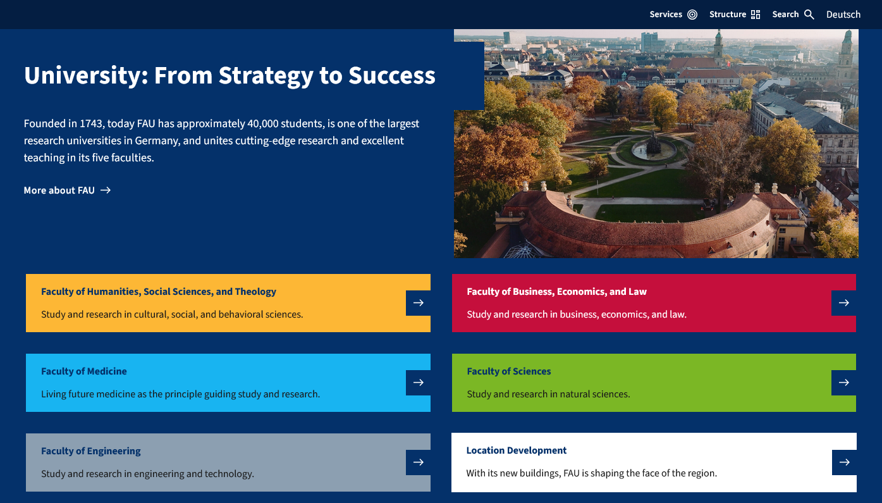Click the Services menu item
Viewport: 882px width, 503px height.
pos(673,15)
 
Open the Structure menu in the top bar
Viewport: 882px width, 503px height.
pos(734,15)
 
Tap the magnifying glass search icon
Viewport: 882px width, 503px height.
pos(809,15)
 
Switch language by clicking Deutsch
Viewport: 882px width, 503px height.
pos(843,15)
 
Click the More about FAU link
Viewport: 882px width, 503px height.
pos(67,190)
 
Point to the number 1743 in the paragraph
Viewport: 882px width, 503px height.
pos(91,123)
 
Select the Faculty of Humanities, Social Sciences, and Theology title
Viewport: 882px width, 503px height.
pos(158,292)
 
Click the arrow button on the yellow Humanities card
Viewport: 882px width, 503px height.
pos(418,303)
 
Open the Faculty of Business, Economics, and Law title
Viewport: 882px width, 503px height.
pos(556,292)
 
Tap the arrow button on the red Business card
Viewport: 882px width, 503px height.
pos(844,303)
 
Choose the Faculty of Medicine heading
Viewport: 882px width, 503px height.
pos(84,371)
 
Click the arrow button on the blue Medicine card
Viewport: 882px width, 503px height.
pos(418,382)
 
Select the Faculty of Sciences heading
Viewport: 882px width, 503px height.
pos(509,371)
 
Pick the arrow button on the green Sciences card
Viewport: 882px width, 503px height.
pos(844,382)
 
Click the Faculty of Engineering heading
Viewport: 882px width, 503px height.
pos(90,451)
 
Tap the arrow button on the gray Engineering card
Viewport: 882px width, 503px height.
pos(418,463)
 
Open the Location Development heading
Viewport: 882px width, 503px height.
pos(516,450)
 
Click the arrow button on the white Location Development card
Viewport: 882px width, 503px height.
pos(844,463)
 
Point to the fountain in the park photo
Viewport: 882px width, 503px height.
pos(653,147)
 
